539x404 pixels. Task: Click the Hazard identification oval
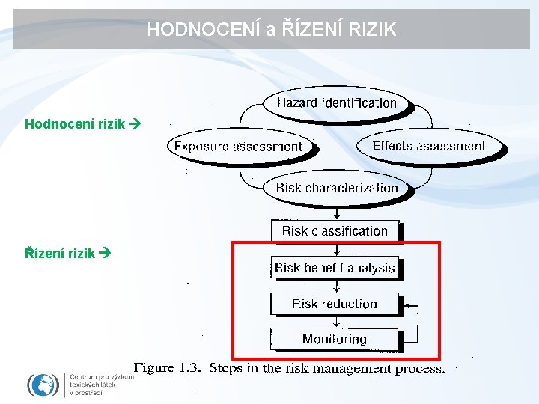(336, 103)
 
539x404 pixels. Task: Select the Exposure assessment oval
(238, 147)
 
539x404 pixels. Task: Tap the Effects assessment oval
(429, 147)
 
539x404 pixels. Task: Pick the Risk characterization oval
(337, 188)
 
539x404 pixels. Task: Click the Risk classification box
(335, 231)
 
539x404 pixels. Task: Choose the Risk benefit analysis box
(335, 268)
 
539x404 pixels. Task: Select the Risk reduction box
(335, 304)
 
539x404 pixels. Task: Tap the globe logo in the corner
(43, 385)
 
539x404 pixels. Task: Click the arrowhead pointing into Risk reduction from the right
(406, 305)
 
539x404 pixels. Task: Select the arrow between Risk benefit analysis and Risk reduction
(335, 286)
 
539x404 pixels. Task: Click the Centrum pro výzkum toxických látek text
(100, 385)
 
